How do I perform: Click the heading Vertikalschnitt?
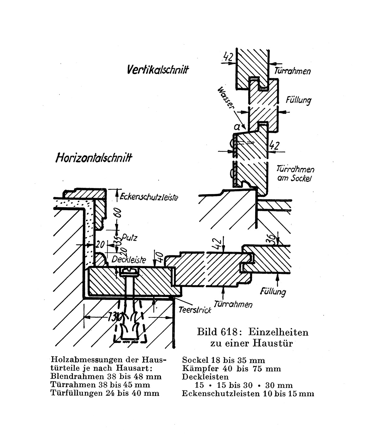click(x=158, y=69)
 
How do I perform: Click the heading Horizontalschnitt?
click(x=94, y=158)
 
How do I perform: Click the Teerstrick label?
click(x=195, y=310)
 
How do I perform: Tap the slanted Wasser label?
click(x=226, y=98)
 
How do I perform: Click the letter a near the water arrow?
click(x=237, y=127)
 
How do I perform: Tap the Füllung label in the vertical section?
click(x=298, y=100)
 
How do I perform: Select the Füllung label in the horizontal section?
click(x=273, y=292)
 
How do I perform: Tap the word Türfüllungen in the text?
click(x=77, y=393)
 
